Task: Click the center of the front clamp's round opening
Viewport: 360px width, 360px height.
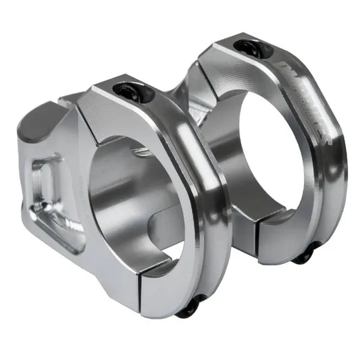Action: [135, 203]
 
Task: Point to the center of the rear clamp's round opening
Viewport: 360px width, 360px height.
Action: [267, 159]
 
